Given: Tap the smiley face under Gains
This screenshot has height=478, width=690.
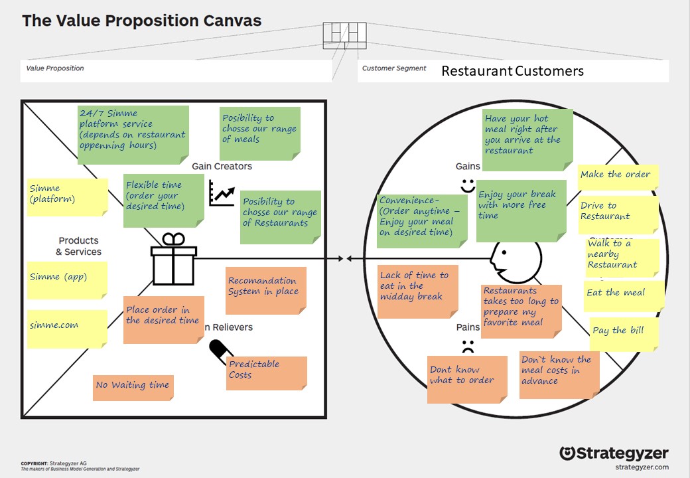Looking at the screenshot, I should tap(468, 183).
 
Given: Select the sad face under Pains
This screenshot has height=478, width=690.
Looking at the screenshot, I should tap(468, 346).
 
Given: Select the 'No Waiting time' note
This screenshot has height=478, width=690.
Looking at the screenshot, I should tap(133, 387).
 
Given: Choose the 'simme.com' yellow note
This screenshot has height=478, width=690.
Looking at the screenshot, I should tap(67, 328).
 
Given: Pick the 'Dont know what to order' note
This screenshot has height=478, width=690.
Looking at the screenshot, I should tap(466, 378).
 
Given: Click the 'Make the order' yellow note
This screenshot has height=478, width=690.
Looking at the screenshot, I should tap(617, 177).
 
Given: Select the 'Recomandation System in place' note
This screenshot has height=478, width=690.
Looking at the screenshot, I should tap(265, 290).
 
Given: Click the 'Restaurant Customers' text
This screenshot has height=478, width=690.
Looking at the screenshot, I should tap(512, 71).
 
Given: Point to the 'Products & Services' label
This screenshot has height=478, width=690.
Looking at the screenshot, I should tap(78, 246).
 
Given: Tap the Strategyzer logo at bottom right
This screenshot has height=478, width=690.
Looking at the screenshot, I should tap(614, 454).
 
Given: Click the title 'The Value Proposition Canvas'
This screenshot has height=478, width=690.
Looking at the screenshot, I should tap(142, 21).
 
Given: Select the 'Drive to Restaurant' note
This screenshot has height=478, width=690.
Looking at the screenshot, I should tap(618, 214).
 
